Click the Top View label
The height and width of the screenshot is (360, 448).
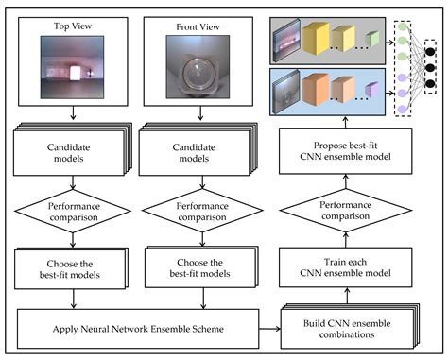[x=73, y=26]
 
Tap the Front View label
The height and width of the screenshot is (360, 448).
[x=198, y=27]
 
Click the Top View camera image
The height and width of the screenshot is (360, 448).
[x=72, y=67]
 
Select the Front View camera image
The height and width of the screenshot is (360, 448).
[x=198, y=67]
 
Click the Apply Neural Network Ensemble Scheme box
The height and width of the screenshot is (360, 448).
[x=138, y=329]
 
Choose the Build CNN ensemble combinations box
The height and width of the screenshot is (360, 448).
[x=347, y=329]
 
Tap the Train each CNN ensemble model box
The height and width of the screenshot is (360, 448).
[x=346, y=267]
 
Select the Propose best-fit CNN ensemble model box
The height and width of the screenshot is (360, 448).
[x=346, y=151]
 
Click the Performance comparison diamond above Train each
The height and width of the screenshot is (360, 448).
[x=346, y=211]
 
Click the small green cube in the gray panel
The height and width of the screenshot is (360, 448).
[x=372, y=39]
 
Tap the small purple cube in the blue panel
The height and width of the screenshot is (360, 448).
[x=371, y=90]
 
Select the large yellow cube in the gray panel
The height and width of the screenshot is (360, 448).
[x=316, y=38]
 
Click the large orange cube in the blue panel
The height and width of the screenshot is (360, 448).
[x=316, y=89]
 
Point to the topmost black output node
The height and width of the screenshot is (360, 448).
[x=430, y=52]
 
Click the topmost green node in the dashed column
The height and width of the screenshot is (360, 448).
[x=403, y=26]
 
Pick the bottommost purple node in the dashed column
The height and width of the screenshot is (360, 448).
[x=403, y=110]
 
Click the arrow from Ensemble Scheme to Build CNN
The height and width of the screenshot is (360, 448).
[x=269, y=329]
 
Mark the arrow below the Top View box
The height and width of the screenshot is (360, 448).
[x=73, y=112]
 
